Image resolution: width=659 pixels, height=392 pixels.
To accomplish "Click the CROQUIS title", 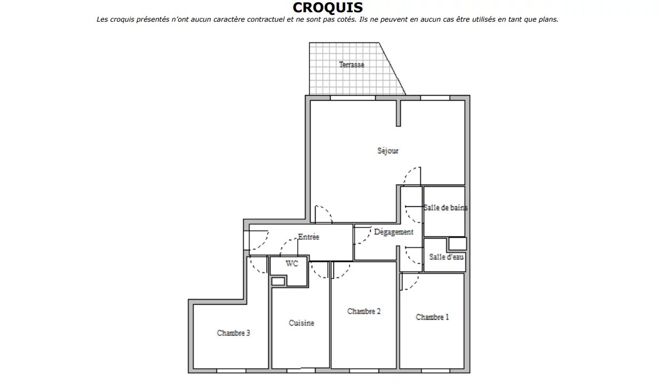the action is point(328,8).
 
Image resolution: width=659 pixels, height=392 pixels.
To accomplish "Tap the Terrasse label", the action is point(351,64).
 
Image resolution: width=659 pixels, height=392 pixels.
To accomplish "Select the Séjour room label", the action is point(387,151).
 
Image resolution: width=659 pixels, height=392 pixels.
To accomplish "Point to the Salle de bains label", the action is point(445,207).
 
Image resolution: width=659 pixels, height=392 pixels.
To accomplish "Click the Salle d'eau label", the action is point(446,257).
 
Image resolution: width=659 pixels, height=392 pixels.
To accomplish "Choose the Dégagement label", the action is point(394,232).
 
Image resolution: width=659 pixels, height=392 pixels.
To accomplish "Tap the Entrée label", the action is point(308,237).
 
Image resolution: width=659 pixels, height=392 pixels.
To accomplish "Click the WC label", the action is point(292,264).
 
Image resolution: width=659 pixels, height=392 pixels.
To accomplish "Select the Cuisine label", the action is point(301,322).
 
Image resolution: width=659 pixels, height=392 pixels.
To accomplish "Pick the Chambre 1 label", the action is point(432,317).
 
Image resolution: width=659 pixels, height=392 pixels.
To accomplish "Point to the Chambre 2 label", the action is point(364,311).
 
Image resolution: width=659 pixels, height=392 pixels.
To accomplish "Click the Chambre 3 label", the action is point(233,333).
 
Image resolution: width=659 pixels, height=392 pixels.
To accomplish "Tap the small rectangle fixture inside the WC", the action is point(278,281).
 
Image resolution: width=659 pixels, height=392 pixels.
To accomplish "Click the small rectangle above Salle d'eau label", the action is point(458,244).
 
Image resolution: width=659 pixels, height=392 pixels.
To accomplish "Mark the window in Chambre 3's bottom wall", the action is point(231,371).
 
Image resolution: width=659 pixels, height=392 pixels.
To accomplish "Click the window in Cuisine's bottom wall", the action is point(301,371).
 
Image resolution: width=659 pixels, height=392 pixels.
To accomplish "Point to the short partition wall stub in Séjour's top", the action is point(399,113).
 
